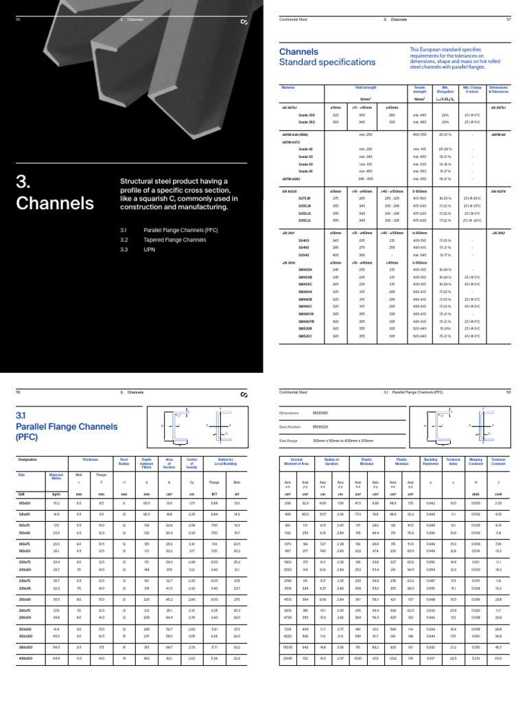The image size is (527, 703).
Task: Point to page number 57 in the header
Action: pos(508,20)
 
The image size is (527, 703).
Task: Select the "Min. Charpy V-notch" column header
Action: pos(473,90)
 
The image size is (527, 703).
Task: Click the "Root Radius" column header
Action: pos(124,462)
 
